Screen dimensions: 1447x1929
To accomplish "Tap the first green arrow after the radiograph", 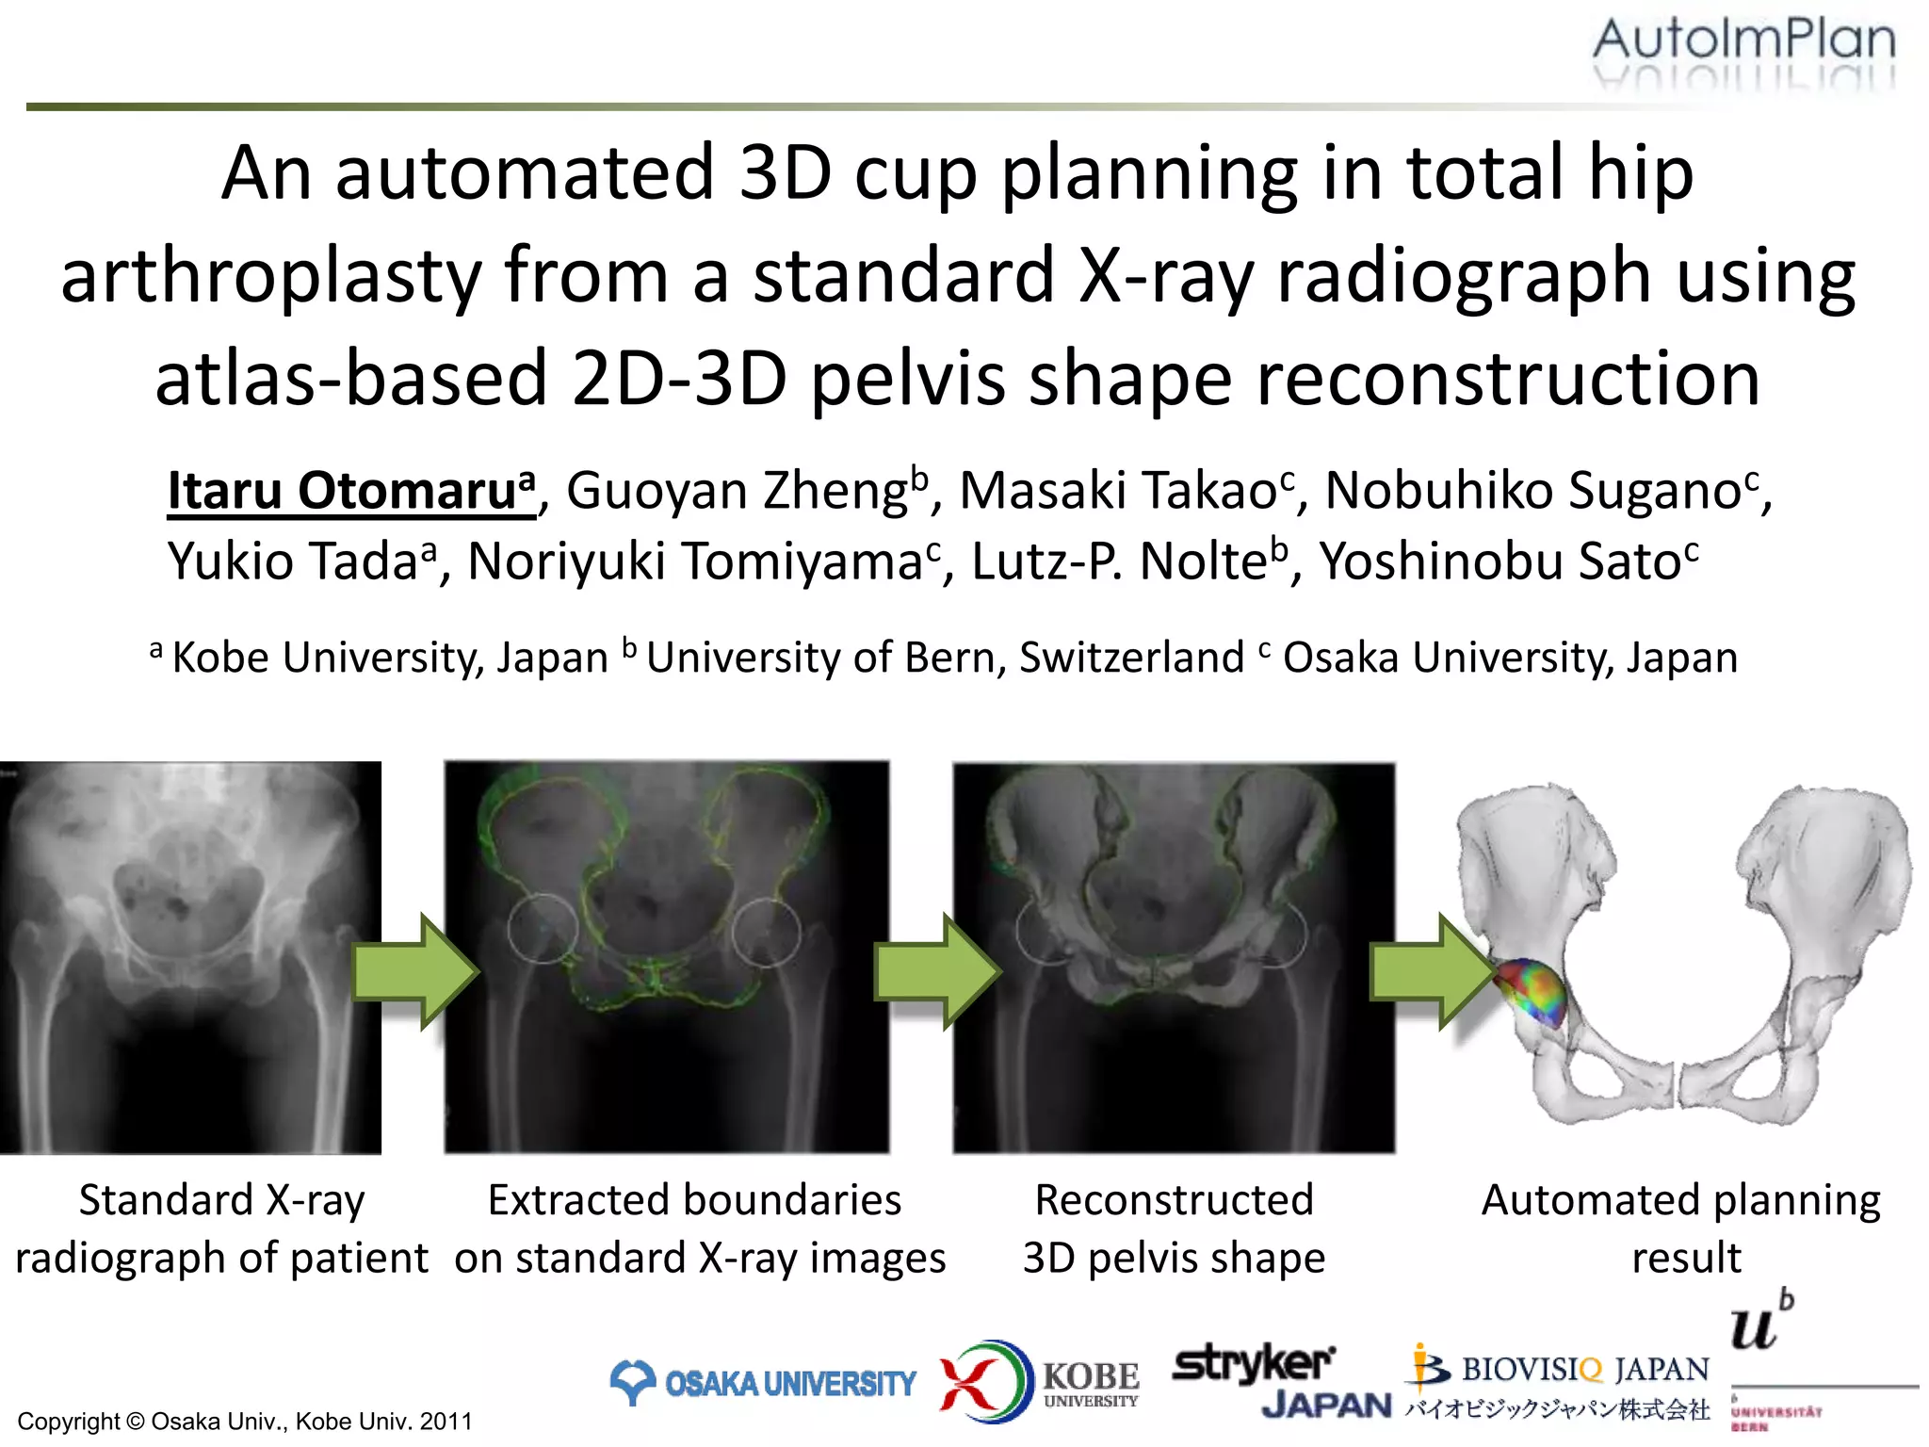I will tap(414, 971).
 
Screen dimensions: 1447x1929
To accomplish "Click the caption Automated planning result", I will tap(1682, 1228).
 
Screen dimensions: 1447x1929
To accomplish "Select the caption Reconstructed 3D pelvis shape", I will tap(1174, 1228).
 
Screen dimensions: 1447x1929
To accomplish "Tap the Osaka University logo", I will tap(763, 1383).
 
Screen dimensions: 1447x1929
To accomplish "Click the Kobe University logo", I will tap(1039, 1381).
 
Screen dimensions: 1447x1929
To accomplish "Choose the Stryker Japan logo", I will tap(1272, 1381).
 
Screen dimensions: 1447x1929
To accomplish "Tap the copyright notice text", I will tap(245, 1421).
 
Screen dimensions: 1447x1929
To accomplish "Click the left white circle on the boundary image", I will tap(543, 928).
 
